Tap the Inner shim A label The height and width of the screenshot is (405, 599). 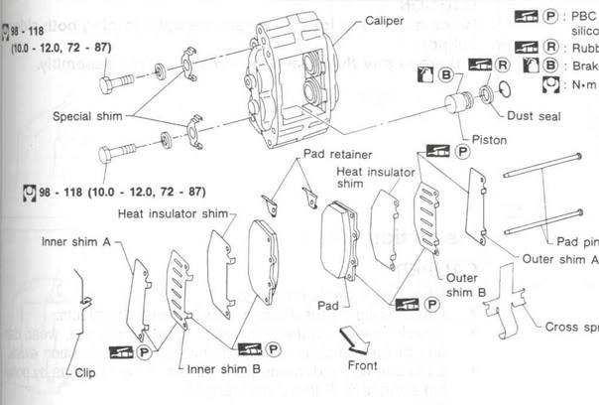(x=74, y=241)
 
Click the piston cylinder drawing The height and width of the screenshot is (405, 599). (x=460, y=104)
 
